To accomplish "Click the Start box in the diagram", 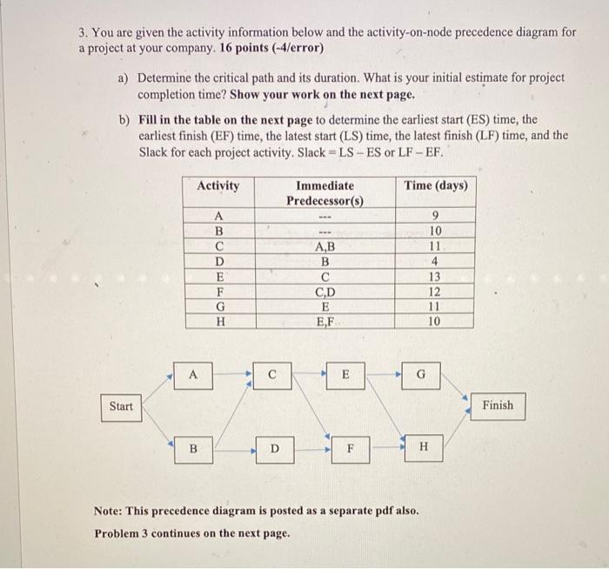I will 122,406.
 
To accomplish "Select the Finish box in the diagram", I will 497,405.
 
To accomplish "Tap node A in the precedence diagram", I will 194,376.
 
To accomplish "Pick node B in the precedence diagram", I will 194,449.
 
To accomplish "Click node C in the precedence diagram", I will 272,376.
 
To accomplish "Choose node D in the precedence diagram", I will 273,449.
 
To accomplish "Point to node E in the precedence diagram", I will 345,376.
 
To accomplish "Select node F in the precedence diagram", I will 350,449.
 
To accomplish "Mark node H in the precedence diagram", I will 424,447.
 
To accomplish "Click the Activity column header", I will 218,186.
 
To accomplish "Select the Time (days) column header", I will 436,186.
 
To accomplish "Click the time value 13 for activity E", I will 436,277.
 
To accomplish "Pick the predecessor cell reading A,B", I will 325,246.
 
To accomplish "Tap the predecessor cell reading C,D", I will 325,291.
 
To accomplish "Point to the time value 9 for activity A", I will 436,217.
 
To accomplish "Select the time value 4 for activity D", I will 436,262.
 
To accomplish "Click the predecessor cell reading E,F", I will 325,321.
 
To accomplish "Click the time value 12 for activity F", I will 436,291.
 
